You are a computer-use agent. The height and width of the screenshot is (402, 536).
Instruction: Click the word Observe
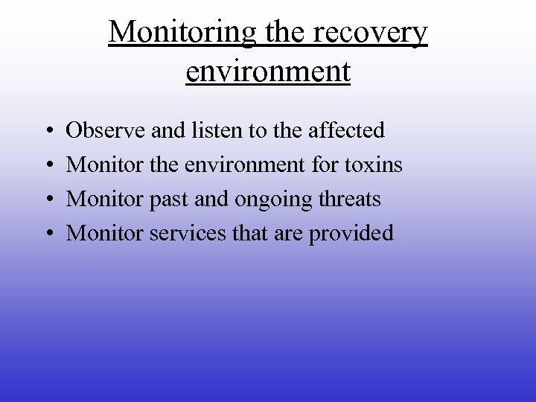(106, 130)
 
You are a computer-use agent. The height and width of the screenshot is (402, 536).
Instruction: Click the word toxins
(373, 165)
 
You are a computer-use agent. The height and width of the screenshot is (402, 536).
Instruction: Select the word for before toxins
(324, 165)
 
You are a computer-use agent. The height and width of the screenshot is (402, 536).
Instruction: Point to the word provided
(351, 234)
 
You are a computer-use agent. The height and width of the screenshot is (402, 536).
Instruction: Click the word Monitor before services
(105, 233)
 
